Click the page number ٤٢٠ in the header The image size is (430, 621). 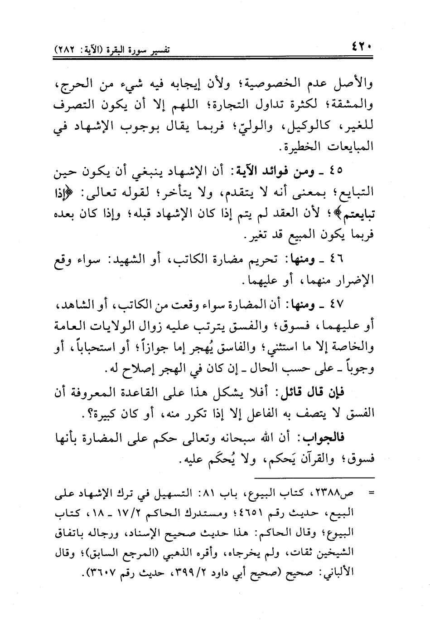361,47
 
